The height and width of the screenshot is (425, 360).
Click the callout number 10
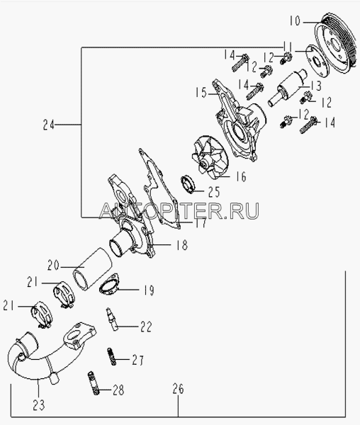(295, 21)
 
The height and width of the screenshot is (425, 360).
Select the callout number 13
(315, 86)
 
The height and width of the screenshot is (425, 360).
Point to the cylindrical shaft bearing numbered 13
(287, 88)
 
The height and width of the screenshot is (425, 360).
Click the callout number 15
(201, 92)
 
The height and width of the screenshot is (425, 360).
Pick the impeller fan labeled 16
(210, 157)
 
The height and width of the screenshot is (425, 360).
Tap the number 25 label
(214, 192)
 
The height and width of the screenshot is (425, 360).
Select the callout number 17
(200, 223)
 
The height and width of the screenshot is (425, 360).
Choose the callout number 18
(181, 245)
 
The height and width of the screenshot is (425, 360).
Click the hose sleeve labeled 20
(93, 269)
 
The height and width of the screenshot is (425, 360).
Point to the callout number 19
(149, 290)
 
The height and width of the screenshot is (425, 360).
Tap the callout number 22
(146, 327)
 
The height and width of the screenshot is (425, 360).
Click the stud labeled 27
(112, 356)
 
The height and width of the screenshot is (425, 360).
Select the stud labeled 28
(93, 382)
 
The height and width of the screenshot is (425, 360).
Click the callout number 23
(38, 405)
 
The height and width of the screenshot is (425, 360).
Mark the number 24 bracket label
(49, 125)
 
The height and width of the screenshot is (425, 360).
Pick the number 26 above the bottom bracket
(178, 389)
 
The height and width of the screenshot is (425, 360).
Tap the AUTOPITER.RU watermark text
(179, 210)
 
